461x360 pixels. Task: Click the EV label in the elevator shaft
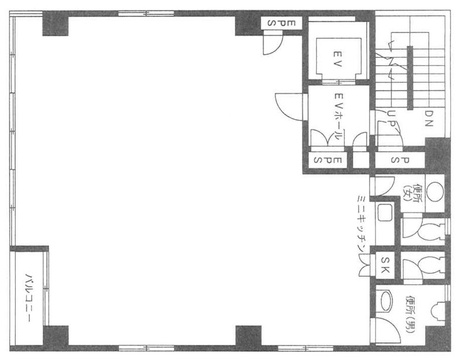pos(338,59)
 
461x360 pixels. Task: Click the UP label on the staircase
pos(391,118)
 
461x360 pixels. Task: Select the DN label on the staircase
pos(429,118)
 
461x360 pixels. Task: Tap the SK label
pos(385,264)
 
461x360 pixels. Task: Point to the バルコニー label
pos(29,297)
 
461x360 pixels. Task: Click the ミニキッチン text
pos(361,223)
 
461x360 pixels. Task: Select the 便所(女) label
pos(412,193)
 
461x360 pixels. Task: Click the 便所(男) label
pos(410,314)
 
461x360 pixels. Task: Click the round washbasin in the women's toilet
pos(435,191)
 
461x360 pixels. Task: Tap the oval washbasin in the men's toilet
pos(387,301)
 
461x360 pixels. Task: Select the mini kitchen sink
pos(385,212)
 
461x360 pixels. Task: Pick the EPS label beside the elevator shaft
pos(281,23)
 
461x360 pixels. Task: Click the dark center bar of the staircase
pos(410,78)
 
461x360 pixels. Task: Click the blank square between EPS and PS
pos(361,160)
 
